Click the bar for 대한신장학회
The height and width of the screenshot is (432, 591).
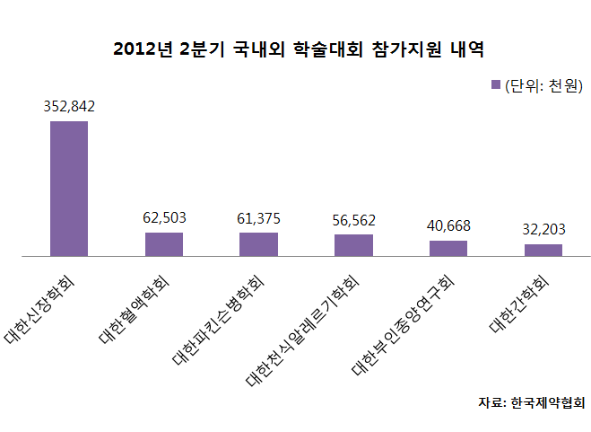tap(69, 189)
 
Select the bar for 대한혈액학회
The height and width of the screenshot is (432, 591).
tap(164, 244)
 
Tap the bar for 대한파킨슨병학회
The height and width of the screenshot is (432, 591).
tap(258, 244)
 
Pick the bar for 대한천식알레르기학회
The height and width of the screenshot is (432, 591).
tap(353, 245)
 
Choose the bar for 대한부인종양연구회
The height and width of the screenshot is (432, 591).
tap(448, 248)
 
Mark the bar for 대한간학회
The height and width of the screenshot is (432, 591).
tap(543, 250)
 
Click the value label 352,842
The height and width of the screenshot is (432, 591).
tap(69, 106)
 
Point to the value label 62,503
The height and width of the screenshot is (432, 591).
tap(164, 217)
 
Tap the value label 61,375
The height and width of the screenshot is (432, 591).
tap(258, 217)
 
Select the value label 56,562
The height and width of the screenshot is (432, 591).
tap(353, 219)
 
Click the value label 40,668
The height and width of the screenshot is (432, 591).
tap(448, 225)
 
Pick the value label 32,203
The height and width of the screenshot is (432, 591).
tap(543, 229)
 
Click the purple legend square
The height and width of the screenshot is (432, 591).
tap(494, 86)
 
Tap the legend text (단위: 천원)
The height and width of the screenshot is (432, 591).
tap(543, 86)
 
